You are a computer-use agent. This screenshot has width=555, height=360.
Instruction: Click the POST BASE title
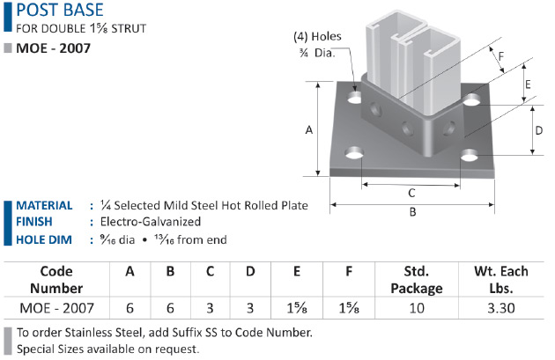(60, 10)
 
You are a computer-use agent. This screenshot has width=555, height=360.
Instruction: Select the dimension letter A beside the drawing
(309, 130)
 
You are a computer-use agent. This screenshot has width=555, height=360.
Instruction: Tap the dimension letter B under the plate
(412, 212)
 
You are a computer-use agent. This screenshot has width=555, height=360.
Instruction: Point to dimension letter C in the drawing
(411, 193)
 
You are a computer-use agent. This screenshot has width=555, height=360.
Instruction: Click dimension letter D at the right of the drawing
(539, 130)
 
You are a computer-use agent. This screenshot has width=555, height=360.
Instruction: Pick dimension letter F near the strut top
(501, 56)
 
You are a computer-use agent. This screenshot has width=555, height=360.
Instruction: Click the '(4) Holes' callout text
(317, 36)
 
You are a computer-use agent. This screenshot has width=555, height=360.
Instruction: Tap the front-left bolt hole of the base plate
(354, 153)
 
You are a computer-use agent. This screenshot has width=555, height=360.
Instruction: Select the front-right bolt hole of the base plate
(470, 155)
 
